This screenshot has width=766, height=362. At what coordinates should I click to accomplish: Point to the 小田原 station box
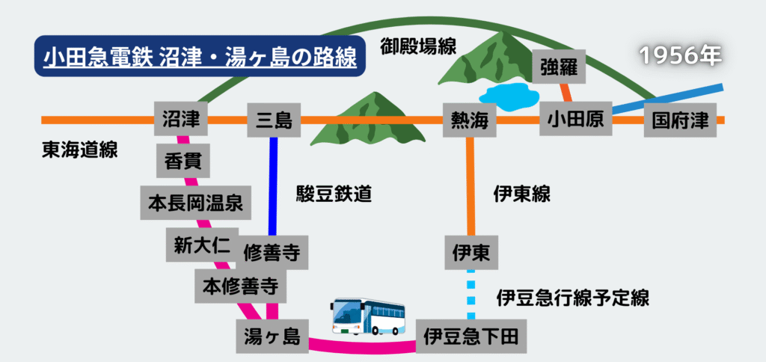point(575,120)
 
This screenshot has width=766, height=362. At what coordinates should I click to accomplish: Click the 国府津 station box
point(680,120)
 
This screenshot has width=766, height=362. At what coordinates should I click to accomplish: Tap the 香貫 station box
point(183,160)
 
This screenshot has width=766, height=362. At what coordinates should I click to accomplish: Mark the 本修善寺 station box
point(240,285)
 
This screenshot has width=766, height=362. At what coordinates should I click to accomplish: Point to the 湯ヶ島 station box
point(272,337)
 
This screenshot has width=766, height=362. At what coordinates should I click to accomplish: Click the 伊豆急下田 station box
point(471,336)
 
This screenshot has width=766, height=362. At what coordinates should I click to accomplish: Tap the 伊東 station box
point(471,253)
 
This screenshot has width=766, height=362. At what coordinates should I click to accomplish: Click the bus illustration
point(368,317)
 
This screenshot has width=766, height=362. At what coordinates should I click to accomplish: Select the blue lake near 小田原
point(509,94)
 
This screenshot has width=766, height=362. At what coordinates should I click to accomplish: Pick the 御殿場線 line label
point(417,45)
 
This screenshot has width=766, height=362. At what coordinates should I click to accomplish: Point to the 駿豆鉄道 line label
point(334,195)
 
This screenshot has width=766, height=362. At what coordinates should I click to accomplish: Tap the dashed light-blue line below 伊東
point(471,292)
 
